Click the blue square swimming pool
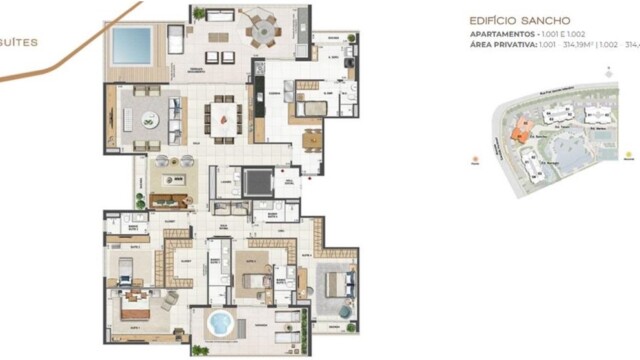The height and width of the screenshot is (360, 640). coord(131,45)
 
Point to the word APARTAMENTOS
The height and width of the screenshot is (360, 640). coord(503,33)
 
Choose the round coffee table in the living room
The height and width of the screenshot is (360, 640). coord(148,120)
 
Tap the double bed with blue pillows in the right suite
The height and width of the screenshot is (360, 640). coord(337,284)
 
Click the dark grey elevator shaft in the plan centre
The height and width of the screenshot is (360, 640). coord(257,184)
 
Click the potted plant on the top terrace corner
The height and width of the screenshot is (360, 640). coord(200,15)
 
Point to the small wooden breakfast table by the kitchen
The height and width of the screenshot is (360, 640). coord(313,139)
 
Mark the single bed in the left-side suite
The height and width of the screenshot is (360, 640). coord(125,270)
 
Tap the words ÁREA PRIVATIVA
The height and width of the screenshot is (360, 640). coord(502,44)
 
